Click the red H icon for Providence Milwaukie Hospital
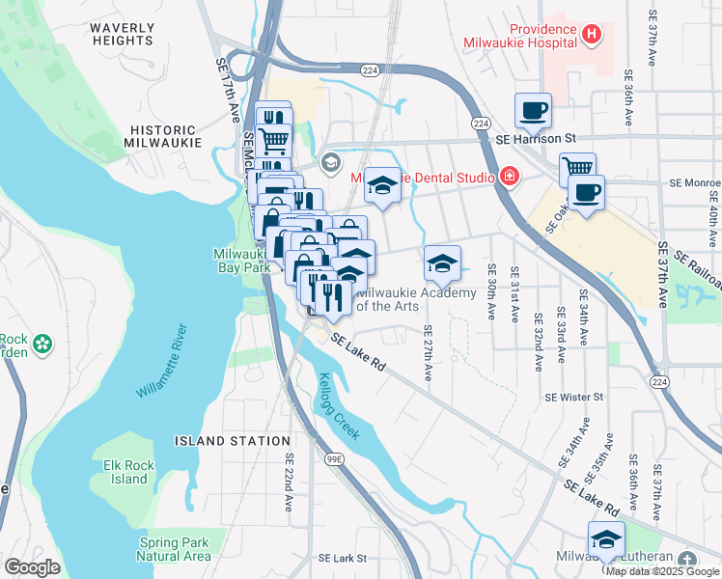click(592, 36)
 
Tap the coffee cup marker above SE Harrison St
click(532, 111)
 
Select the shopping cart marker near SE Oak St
click(577, 168)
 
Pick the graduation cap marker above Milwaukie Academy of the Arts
click(441, 262)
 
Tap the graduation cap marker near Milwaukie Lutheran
click(606, 538)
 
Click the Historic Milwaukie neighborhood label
click(163, 135)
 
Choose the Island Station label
click(220, 441)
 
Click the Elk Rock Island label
click(125, 472)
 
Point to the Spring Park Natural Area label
click(174, 549)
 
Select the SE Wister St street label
click(573, 397)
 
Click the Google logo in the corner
click(32, 567)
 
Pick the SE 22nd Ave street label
click(288, 482)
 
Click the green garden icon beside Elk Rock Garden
click(42, 344)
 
